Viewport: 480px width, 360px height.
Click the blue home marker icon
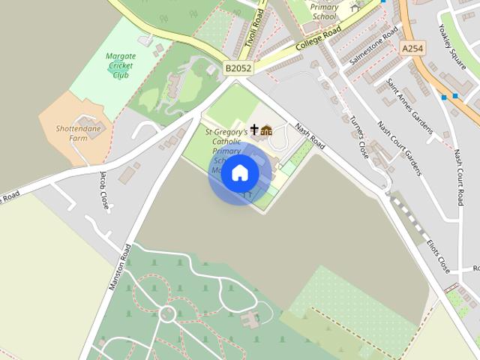click(239, 173)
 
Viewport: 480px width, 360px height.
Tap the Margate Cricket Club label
click(121, 65)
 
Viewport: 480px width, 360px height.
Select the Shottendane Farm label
click(77, 133)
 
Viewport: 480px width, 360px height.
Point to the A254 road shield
click(412, 48)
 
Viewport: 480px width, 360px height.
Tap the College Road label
click(313, 43)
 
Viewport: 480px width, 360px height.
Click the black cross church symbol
click(254, 130)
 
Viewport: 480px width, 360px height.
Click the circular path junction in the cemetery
click(166, 313)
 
